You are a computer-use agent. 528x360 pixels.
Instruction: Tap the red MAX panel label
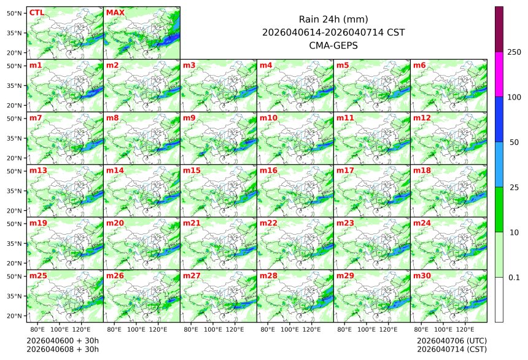click(115, 12)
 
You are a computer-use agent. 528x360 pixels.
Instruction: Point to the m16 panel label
click(268, 170)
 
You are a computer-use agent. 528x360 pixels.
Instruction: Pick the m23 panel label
click(345, 223)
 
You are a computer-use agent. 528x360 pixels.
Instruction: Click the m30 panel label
click(422, 276)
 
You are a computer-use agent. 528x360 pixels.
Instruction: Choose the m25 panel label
click(38, 276)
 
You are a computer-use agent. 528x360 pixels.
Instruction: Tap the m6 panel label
click(420, 65)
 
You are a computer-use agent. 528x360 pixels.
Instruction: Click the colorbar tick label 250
click(514, 52)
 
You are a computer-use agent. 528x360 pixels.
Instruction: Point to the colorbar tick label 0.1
click(514, 278)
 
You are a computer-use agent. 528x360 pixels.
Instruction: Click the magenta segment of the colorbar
click(499, 74)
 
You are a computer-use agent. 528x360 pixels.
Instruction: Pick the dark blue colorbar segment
click(499, 119)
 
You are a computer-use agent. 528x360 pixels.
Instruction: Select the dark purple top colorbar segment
click(499, 29)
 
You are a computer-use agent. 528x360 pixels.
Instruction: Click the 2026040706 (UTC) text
click(451, 340)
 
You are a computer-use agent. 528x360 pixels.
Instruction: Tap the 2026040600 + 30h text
click(63, 340)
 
